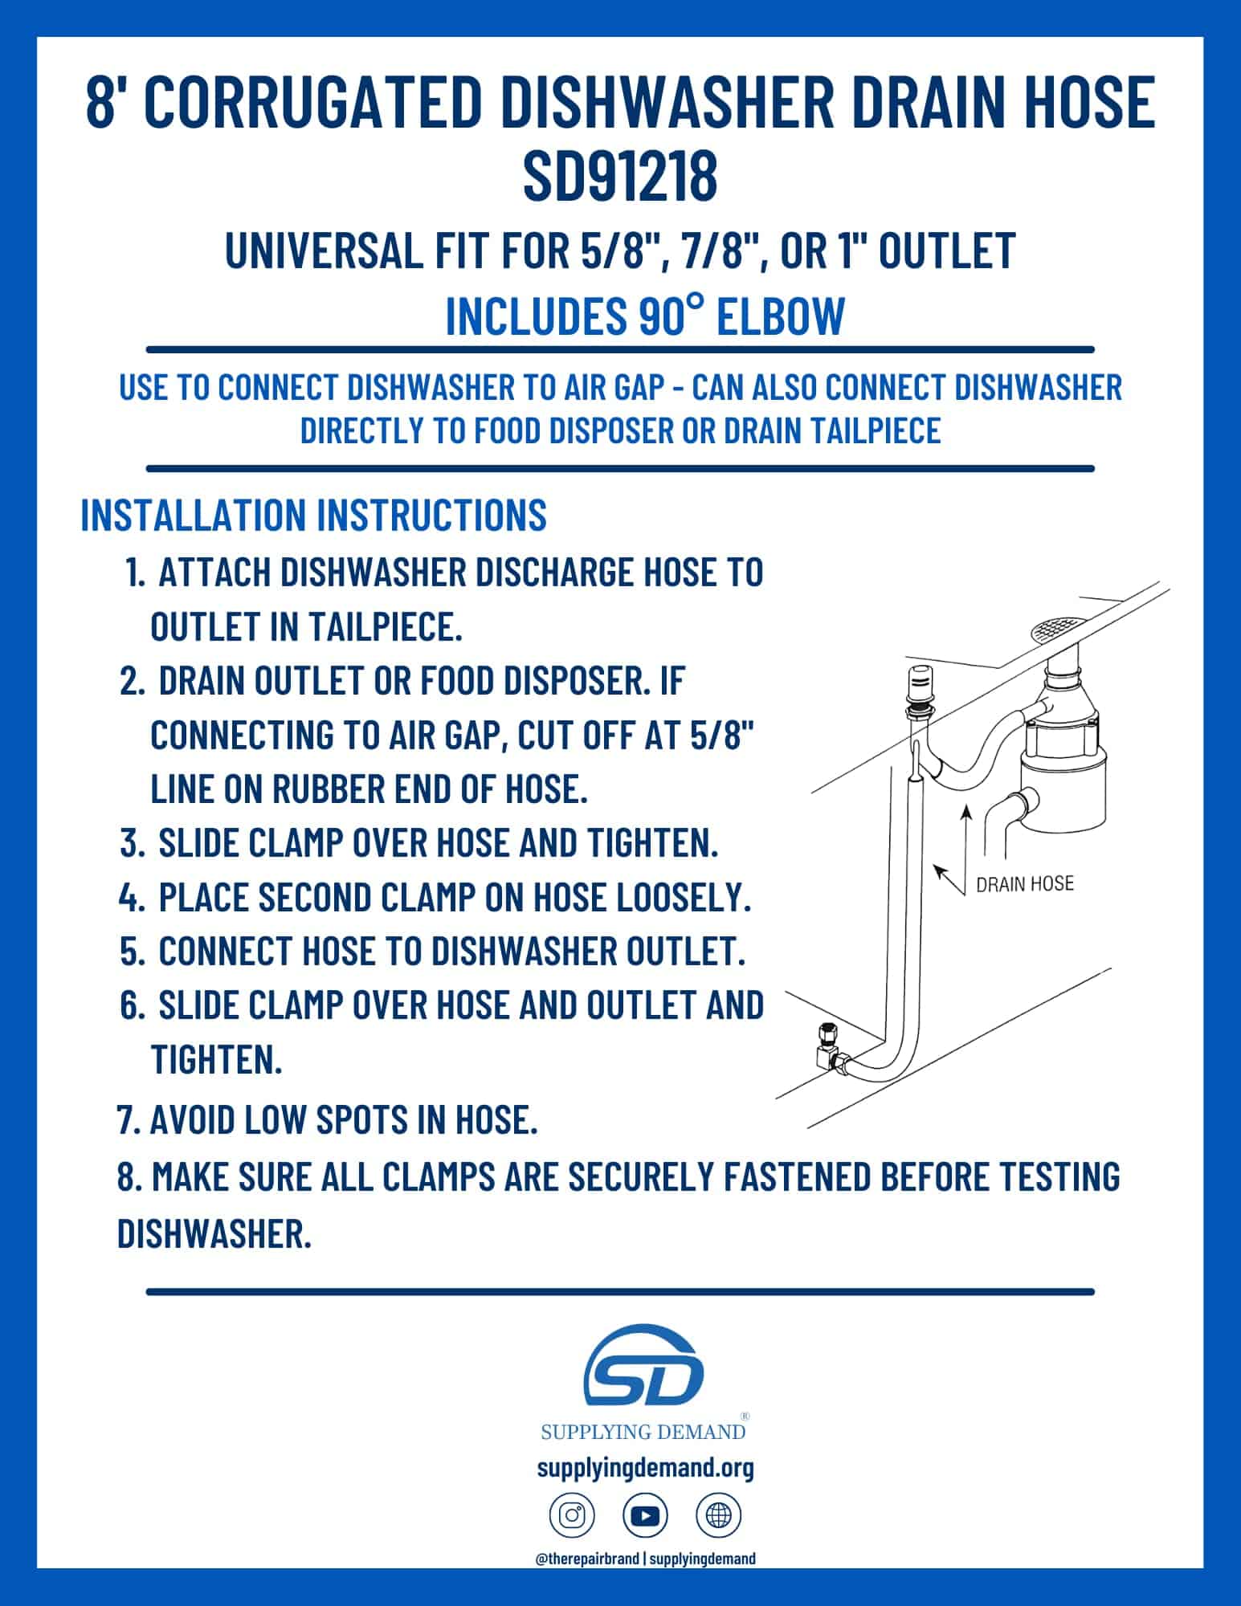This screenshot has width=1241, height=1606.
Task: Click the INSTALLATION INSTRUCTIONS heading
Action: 314,514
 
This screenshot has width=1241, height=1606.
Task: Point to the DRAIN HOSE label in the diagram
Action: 1024,884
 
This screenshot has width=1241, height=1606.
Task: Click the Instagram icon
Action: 572,1515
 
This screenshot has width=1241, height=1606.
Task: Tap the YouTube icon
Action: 645,1515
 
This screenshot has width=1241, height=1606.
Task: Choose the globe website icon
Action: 718,1515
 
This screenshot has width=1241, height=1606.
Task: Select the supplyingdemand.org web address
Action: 645,1468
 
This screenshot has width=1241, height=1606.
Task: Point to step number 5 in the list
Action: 131,952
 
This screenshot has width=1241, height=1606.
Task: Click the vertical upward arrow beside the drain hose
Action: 966,844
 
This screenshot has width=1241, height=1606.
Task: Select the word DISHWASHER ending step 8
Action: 214,1233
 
